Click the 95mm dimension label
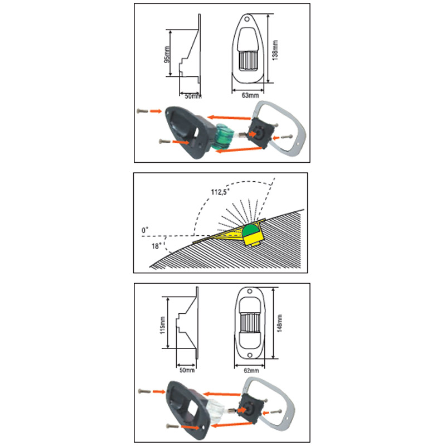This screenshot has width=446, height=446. pos(167,55)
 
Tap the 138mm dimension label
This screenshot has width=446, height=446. pos(275,50)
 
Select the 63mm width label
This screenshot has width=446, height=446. pos(250,95)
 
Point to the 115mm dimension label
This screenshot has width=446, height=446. pos(163,325)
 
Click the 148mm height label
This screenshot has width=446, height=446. pos(279,323)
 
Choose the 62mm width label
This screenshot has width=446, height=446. pos(251,371)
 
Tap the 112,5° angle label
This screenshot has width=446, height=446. pos(220,192)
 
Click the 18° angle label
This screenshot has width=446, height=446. pos(157,246)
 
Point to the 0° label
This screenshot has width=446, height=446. pos(145,230)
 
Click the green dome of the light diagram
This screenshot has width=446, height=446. pos(250,230)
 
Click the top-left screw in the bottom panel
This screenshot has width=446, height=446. pos(144,391)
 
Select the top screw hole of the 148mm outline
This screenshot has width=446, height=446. pos(250,292)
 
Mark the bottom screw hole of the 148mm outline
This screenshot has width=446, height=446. pos(250,355)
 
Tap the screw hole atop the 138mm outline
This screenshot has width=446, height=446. pos(247,20)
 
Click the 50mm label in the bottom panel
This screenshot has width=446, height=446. pos(187,370)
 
